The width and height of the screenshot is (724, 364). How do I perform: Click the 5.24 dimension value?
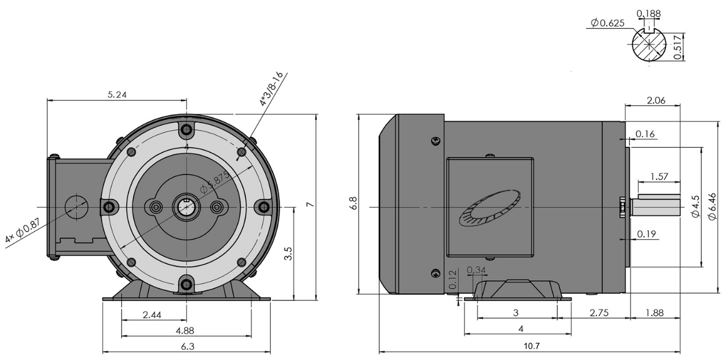117,94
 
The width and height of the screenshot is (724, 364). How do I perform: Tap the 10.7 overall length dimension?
531,346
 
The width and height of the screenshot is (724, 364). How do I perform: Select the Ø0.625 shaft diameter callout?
607,23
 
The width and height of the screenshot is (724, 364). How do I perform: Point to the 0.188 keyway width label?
648,13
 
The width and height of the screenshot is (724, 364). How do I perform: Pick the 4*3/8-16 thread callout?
271,89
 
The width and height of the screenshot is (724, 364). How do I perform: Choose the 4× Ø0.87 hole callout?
22,231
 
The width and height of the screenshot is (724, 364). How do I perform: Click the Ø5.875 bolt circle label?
214,182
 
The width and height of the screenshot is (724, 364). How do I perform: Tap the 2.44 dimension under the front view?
152,314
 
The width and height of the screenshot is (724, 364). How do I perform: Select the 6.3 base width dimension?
187,346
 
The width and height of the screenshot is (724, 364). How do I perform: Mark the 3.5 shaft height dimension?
288,254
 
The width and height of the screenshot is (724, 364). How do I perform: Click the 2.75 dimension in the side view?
599,313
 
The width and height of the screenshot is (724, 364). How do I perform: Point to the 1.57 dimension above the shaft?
659,177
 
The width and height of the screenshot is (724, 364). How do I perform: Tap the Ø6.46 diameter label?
712,207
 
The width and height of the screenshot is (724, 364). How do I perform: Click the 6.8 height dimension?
354,203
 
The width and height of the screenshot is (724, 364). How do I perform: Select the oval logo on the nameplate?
490,208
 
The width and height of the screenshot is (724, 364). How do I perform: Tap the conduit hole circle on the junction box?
76,207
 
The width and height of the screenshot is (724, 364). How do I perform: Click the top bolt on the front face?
187,130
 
